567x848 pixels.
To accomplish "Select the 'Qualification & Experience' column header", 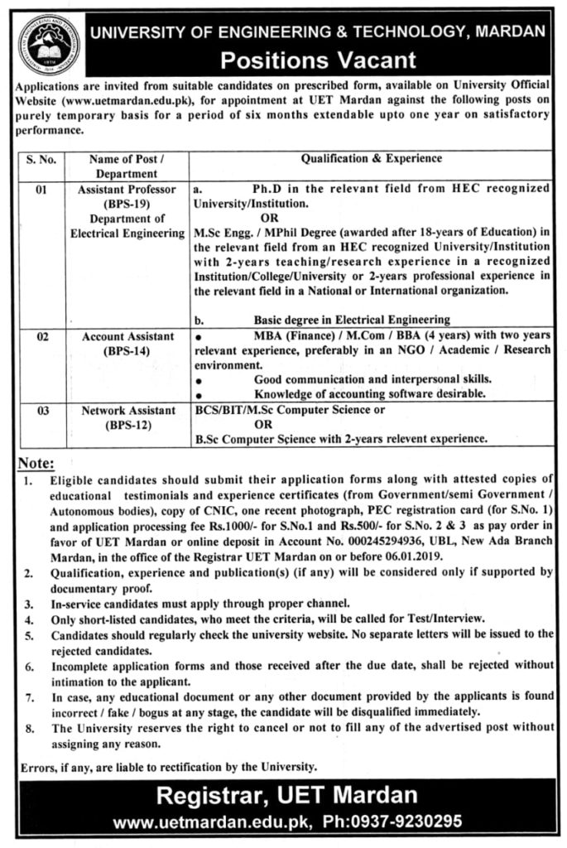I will coord(371,158).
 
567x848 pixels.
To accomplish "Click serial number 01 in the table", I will coord(37,189).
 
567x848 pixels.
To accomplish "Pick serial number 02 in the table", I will coord(37,337).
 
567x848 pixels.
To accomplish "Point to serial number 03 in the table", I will coord(37,410).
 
